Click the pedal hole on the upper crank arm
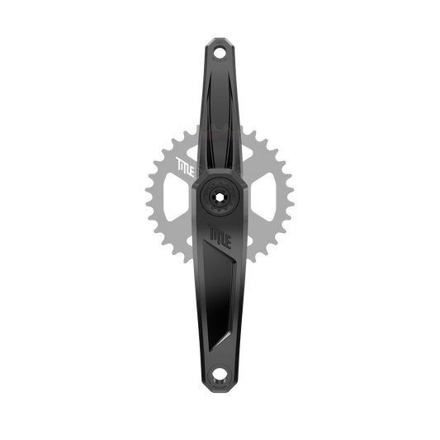click(220, 52)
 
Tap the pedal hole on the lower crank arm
click(220, 374)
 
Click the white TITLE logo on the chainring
click(185, 168)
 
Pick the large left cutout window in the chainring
click(176, 196)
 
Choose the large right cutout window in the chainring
click(263, 196)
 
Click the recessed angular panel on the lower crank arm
click(219, 292)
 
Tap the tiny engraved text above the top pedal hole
click(220, 43)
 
